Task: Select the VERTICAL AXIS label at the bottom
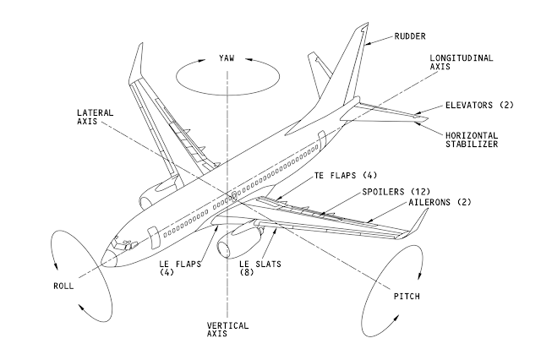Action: [x=226, y=330]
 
